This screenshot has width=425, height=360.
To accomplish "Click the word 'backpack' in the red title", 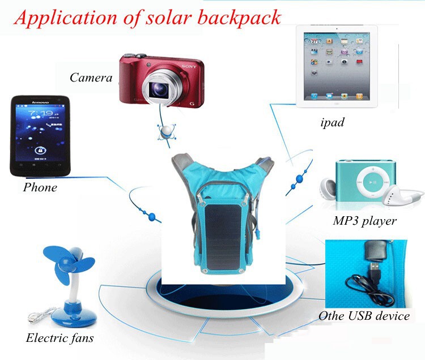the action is click(239, 18).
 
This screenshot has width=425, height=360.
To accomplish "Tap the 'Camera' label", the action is click(91, 78).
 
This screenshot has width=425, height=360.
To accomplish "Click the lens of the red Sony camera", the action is click(160, 89).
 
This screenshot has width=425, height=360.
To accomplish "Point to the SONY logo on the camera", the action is click(189, 66).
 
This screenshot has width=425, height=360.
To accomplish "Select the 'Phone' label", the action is click(40, 187).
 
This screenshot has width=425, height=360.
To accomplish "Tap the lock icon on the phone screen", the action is click(40, 150).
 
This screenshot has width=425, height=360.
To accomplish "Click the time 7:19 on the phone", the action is click(41, 113).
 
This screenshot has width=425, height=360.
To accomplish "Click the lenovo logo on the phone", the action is click(40, 102).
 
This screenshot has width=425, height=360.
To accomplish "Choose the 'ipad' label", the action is click(332, 122).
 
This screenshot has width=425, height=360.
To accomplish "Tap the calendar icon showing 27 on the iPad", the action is click(314, 41).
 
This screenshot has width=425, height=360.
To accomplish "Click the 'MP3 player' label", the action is click(364, 221).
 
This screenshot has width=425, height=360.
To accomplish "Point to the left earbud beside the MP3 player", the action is click(328, 188).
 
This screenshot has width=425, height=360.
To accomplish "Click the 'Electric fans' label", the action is click(59, 338).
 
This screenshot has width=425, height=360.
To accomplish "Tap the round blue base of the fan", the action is click(74, 317).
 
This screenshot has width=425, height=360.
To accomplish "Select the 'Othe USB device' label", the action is click(364, 316).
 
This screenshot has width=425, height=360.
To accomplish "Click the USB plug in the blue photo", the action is click(375, 271).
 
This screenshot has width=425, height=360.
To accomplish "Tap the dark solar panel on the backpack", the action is click(223, 236).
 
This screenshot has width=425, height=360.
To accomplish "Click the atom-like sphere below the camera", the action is click(166, 131).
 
